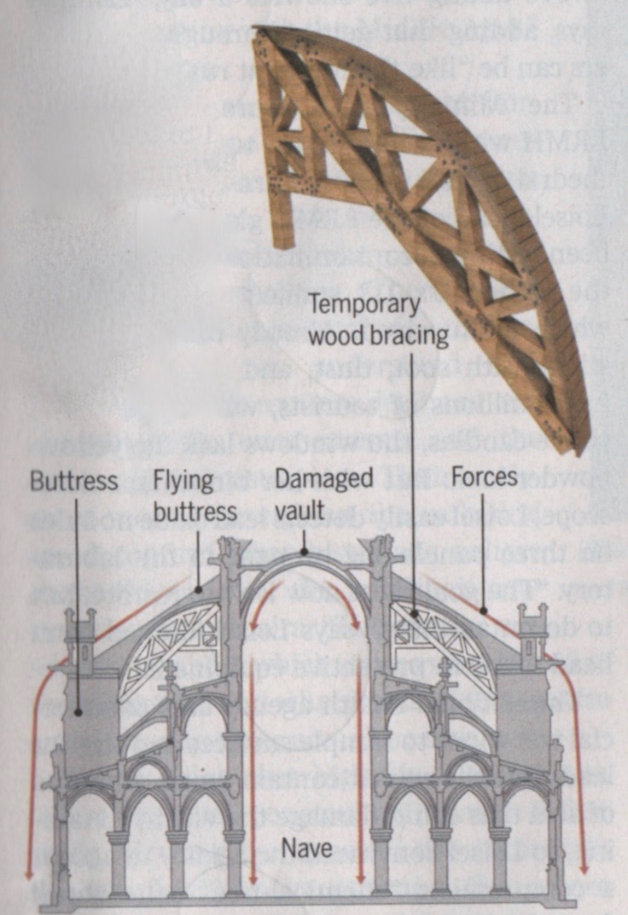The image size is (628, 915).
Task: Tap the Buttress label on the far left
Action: (x=73, y=482)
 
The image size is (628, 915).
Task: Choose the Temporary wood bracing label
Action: (x=377, y=319)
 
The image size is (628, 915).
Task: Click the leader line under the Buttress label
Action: (x=78, y=597)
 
